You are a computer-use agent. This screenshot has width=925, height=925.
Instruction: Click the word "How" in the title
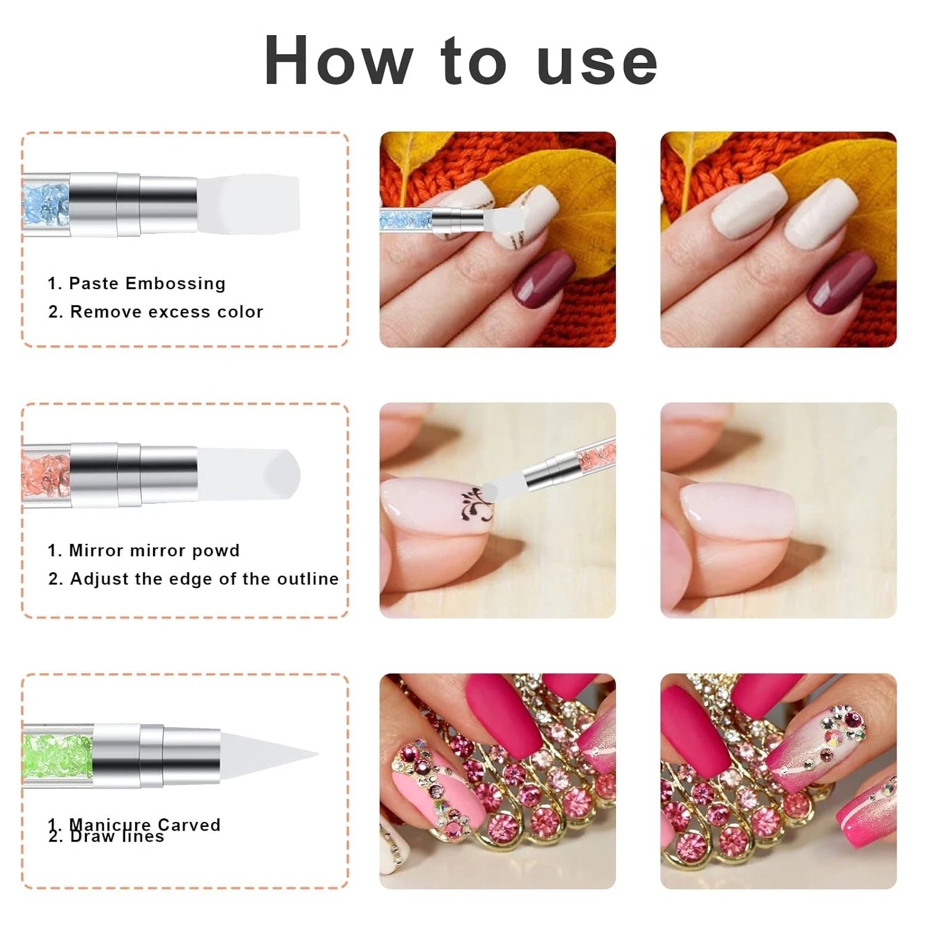[338, 61]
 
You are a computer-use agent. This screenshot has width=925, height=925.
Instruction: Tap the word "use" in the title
[597, 61]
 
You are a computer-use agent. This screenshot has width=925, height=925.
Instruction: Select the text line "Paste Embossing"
[147, 284]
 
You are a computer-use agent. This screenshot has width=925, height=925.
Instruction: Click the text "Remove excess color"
[166, 312]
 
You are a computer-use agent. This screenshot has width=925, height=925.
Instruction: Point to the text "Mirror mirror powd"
[154, 551]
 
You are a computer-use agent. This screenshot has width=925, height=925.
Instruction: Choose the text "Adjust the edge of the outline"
[204, 579]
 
